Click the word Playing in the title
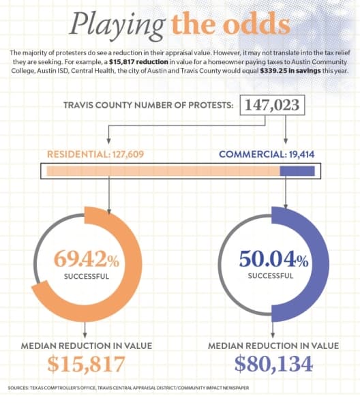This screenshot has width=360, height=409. pyautogui.click(x=117, y=26)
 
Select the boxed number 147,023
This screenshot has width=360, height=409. pyautogui.click(x=272, y=105)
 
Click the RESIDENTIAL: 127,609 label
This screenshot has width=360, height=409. pyautogui.click(x=95, y=154)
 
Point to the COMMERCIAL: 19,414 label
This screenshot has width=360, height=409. pyautogui.click(x=267, y=154)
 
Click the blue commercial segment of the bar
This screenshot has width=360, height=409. pyautogui.click(x=297, y=171)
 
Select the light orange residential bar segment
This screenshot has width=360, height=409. pyautogui.click(x=164, y=171)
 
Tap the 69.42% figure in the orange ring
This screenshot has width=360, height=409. pyautogui.click(x=87, y=259)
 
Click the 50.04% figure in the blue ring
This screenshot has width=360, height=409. pyautogui.click(x=273, y=259)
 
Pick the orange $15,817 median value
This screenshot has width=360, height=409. pyautogui.click(x=86, y=364)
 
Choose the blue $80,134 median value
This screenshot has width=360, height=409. pyautogui.click(x=273, y=364)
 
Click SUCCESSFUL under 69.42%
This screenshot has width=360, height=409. pyautogui.click(x=87, y=276)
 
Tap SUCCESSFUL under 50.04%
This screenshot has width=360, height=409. pyautogui.click(x=271, y=275)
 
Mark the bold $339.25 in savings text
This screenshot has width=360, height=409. pyautogui.click(x=290, y=71)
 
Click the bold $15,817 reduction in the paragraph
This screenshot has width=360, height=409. pyautogui.click(x=138, y=62)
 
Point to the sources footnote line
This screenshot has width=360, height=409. pyautogui.click(x=128, y=388)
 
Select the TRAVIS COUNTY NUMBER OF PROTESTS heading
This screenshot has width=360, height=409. pyautogui.click(x=149, y=105)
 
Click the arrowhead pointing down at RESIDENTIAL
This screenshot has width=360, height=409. pyautogui.click(x=109, y=141)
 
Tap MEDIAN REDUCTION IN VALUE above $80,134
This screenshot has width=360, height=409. pyautogui.click(x=273, y=346)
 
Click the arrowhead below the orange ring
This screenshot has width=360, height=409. pyautogui.click(x=85, y=335)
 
